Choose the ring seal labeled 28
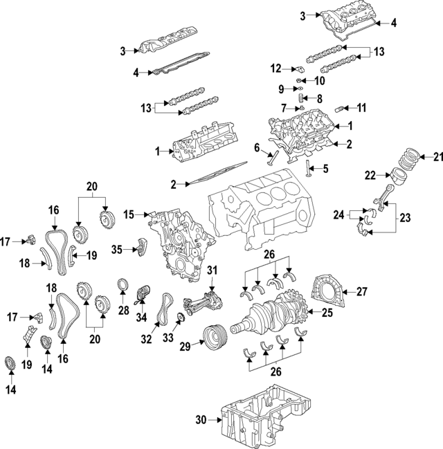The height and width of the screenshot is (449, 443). [124, 285]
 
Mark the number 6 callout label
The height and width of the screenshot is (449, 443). [256, 147]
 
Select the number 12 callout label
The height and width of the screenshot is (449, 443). [276, 68]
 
